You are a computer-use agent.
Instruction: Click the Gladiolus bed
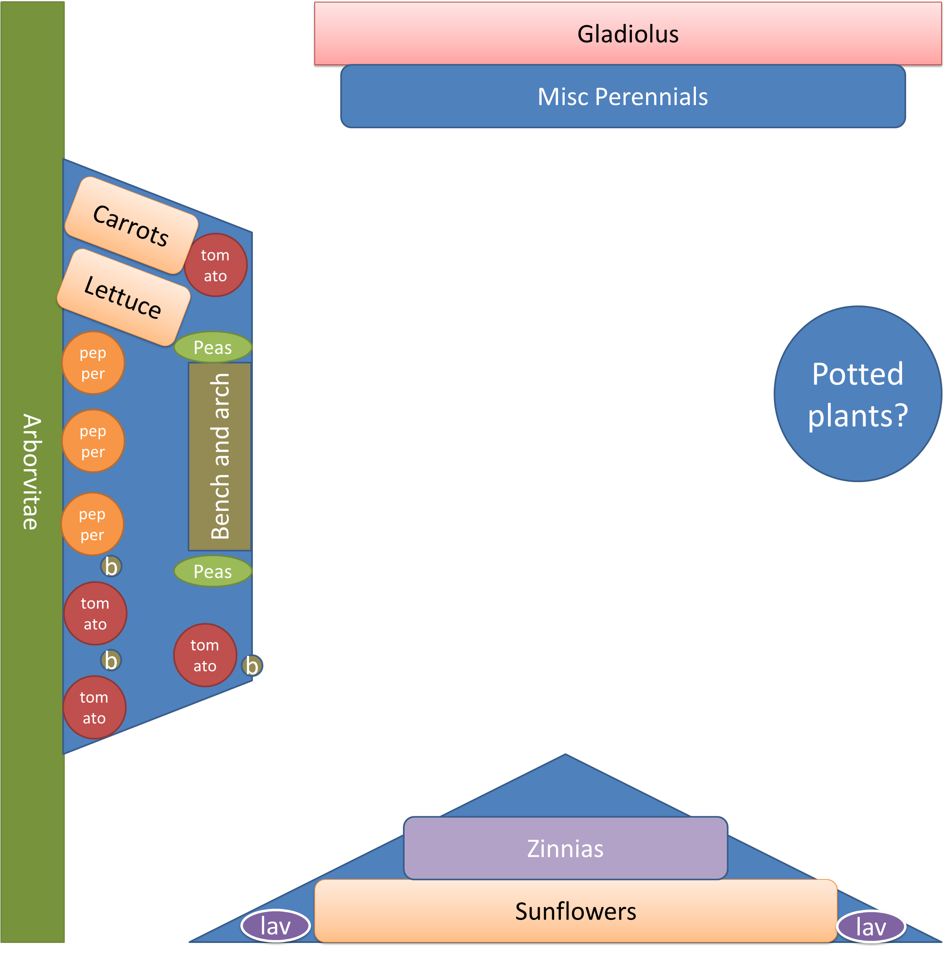pyautogui.click(x=628, y=34)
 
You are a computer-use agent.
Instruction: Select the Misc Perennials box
pyautogui.click(x=623, y=96)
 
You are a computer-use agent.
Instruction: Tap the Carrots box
pyautogui.click(x=132, y=225)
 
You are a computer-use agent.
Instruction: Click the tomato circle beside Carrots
pyautogui.click(x=215, y=265)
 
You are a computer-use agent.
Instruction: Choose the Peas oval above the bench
pyautogui.click(x=213, y=347)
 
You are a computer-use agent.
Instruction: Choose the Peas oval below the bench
pyautogui.click(x=213, y=571)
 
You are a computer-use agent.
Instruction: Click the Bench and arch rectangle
pyautogui.click(x=220, y=457)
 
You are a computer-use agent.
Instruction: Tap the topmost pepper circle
pyautogui.click(x=93, y=363)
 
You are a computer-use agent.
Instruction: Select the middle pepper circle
pyautogui.click(x=93, y=441)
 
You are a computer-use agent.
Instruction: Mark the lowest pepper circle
pyautogui.click(x=92, y=524)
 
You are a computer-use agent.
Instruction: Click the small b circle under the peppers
pyautogui.click(x=111, y=566)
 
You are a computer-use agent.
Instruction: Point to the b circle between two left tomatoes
pyautogui.click(x=111, y=661)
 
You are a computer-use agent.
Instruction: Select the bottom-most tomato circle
pyautogui.click(x=94, y=707)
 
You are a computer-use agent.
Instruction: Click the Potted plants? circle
pyautogui.click(x=858, y=394)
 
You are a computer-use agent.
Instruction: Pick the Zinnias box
pyautogui.click(x=565, y=849)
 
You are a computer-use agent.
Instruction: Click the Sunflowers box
pyautogui.click(x=576, y=911)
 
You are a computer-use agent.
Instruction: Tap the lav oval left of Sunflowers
pyautogui.click(x=275, y=926)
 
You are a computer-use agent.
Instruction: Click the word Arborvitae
pyautogui.click(x=32, y=471)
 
